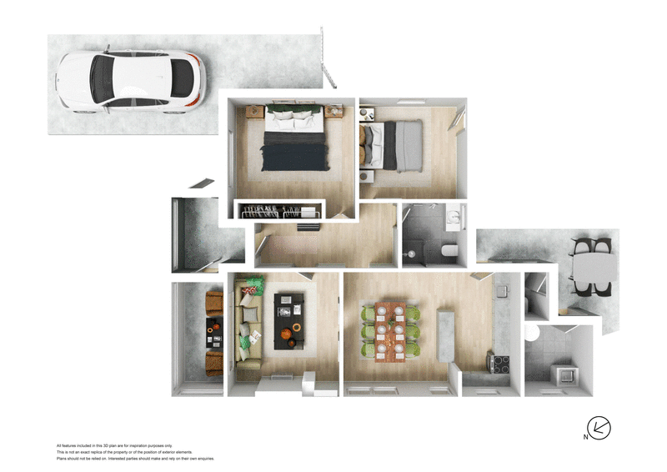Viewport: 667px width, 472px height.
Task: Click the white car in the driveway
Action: click(130, 81)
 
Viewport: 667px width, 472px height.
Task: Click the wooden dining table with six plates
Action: click(390, 332)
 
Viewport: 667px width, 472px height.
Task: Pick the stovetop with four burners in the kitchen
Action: click(499, 364)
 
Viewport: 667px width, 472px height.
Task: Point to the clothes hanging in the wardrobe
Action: click(279, 210)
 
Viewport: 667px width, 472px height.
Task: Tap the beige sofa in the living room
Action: click(248, 327)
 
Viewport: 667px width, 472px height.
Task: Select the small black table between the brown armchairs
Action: click(214, 334)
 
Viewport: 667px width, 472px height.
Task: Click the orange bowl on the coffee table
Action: click(286, 333)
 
